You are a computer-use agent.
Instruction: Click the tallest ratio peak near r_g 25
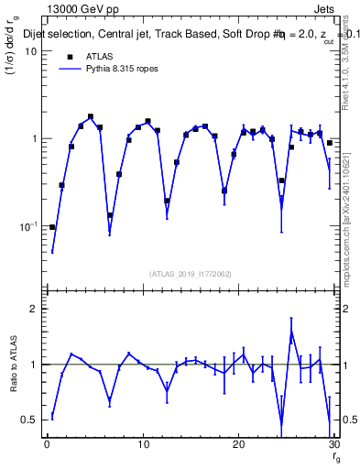point(291,332)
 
